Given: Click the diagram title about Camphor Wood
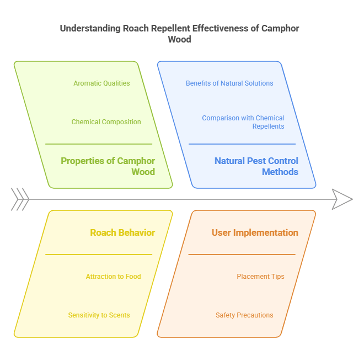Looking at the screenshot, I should click(180, 34).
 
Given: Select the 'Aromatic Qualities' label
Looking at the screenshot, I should click(101, 83).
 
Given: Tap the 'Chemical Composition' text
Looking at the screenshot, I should click(106, 122).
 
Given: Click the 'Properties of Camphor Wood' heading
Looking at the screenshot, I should click(108, 166).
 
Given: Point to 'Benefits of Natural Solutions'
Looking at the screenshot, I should click(229, 83).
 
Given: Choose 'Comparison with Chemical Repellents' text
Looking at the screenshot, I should click(243, 122).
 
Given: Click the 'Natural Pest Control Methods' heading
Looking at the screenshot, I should click(256, 166).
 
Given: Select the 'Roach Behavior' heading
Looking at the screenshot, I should click(122, 232).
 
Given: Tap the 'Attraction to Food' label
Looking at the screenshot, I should click(113, 277).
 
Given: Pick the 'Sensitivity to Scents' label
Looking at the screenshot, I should click(99, 315).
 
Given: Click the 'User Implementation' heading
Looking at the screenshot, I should click(255, 232).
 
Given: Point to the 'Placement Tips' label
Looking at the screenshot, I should click(260, 277).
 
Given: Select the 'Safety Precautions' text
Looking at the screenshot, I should click(244, 315).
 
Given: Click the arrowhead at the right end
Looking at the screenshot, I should click(342, 199).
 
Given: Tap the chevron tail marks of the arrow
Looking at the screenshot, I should click(20, 199).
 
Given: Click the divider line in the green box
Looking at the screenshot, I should click(99, 144).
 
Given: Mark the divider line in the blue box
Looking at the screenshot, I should click(242, 144).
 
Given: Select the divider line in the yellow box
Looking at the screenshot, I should click(99, 255).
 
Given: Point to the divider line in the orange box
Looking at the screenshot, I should click(242, 255).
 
